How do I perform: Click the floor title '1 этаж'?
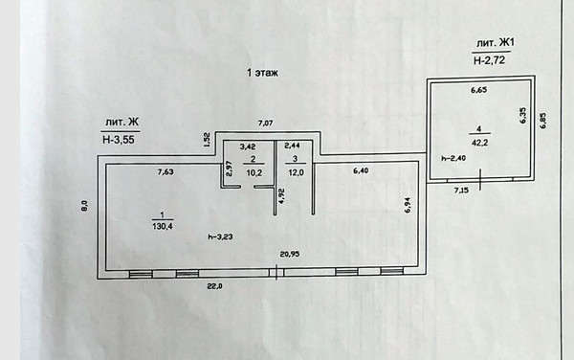click(262, 73)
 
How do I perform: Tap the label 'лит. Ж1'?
click(495, 43)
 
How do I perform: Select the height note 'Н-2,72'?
click(490, 60)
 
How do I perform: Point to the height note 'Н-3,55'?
click(119, 140)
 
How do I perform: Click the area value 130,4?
click(163, 226)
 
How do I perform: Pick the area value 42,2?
click(479, 143)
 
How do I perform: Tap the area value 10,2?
click(254, 172)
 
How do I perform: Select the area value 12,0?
click(297, 172)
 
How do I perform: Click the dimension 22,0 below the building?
click(215, 286)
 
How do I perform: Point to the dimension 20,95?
click(290, 254)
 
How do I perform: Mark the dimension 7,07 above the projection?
click(265, 124)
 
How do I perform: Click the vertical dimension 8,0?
click(84, 206)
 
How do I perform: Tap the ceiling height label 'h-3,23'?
click(220, 236)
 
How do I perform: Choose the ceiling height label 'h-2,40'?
click(453, 158)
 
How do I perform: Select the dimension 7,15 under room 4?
click(461, 191)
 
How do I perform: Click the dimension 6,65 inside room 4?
click(479, 90)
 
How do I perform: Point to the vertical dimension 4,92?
click(282, 195)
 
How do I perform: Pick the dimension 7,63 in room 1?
click(166, 171)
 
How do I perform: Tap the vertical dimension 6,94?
click(408, 205)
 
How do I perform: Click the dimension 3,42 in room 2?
click(248, 146)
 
